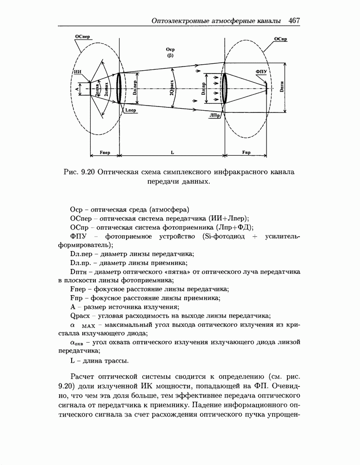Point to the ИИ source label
tap(78, 72)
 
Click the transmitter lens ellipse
tap(119, 88)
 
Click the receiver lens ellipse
tap(225, 88)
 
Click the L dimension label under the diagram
tap(172, 152)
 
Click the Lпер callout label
tap(131, 111)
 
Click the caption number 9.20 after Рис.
tap(88, 172)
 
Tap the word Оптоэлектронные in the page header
tap(183, 21)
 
